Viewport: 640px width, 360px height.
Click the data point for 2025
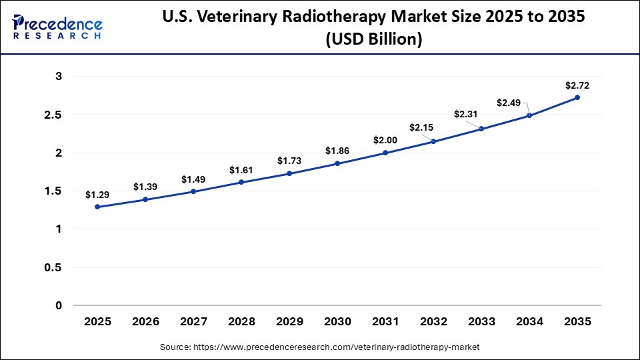97,207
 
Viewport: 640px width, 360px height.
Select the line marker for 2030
337,163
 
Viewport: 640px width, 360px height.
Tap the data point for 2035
577,97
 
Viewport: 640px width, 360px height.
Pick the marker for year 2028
241,182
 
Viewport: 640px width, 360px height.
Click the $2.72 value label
577,85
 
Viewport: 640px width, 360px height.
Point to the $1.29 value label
97,195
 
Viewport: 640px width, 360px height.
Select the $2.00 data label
385,141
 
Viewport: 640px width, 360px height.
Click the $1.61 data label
241,170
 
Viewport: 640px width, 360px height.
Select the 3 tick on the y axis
59,77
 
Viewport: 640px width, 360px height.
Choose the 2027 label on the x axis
193,321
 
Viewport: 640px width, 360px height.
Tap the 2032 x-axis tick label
433,321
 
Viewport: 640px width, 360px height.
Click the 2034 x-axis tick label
529,321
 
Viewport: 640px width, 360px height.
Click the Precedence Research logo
57,27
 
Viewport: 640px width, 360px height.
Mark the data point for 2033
481,129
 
